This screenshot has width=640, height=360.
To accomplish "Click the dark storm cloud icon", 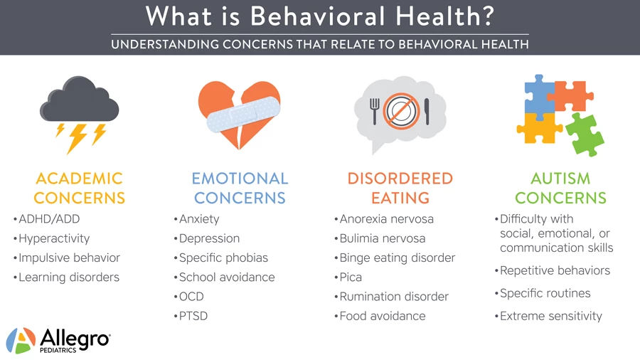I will coord(79,100).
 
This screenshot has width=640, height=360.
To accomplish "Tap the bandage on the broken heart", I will coord(239,113).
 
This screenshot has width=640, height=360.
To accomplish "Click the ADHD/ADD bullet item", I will coord(49,219).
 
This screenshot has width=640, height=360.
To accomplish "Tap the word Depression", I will coord(210,238).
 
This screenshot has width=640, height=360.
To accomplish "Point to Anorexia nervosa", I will coord(386,219).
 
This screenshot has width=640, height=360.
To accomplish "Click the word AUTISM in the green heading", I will coord(560,178).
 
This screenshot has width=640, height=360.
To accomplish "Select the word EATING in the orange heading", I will coord(400,197).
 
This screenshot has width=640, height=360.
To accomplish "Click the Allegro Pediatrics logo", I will coord(58,341).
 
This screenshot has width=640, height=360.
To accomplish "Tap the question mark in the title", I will coord(486,16).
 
